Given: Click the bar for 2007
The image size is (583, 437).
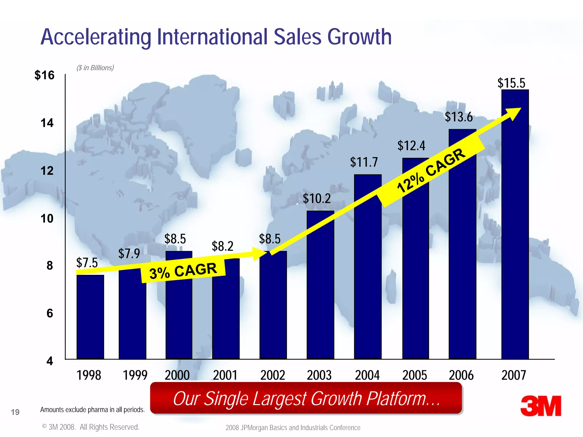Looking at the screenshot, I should pyautogui.click(x=515, y=225).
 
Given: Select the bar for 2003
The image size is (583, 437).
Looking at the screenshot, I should pyautogui.click(x=320, y=285).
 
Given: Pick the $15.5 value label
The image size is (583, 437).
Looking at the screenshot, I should pyautogui.click(x=511, y=83).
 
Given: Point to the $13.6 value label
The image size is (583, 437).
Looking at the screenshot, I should pyautogui.click(x=459, y=117).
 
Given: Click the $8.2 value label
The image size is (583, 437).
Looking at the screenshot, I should pyautogui.click(x=222, y=246).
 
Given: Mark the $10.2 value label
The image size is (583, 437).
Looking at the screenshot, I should pyautogui.click(x=317, y=198).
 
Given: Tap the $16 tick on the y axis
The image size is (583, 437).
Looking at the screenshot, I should pyautogui.click(x=44, y=75).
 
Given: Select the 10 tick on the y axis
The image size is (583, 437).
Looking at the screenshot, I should pyautogui.click(x=47, y=219).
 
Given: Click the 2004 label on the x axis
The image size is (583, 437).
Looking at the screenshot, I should pyautogui.click(x=367, y=375).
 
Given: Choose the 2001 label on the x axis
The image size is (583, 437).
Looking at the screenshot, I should pyautogui.click(x=225, y=375).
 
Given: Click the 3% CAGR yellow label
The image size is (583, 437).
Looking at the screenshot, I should pyautogui.click(x=183, y=271).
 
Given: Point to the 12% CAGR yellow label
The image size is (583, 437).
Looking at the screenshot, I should pyautogui.click(x=431, y=171).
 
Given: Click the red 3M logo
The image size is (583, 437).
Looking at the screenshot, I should pyautogui.click(x=541, y=406).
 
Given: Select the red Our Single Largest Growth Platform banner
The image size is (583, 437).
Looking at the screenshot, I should pyautogui.click(x=306, y=398).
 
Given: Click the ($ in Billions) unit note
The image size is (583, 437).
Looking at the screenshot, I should pyautogui.click(x=95, y=68).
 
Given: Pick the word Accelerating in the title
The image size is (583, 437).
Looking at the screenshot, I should pyautogui.click(x=96, y=37).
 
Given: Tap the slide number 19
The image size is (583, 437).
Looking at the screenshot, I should pyautogui.click(x=15, y=412).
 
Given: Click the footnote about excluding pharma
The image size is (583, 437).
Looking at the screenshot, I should pyautogui.click(x=93, y=410).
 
